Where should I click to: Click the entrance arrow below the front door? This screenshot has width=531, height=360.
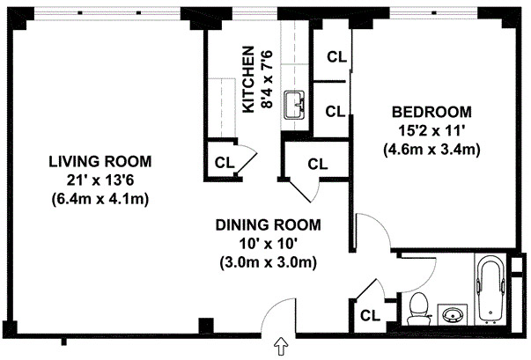pyautogui.click(x=281, y=346)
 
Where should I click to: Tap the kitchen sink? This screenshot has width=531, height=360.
pyautogui.click(x=294, y=105)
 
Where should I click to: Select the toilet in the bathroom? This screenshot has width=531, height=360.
pyautogui.click(x=419, y=309)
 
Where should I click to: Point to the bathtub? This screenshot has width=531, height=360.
pyautogui.click(x=490, y=290)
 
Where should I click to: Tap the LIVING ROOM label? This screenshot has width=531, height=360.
pyautogui.click(x=100, y=162)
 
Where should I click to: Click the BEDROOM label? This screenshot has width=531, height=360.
pyautogui.click(x=431, y=112)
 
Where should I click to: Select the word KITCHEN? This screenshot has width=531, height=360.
pyautogui.click(x=248, y=80)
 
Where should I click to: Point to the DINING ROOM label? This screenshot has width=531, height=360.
pyautogui.click(x=269, y=225)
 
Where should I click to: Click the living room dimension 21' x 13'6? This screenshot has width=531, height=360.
pyautogui.click(x=100, y=180)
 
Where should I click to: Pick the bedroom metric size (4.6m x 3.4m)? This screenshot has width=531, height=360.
pyautogui.click(x=431, y=150)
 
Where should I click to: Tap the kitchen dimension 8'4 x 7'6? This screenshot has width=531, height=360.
pyautogui.click(x=267, y=80)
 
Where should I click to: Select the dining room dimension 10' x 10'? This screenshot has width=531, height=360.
pyautogui.click(x=269, y=244)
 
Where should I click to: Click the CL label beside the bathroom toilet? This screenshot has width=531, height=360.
pyautogui.click(x=370, y=316)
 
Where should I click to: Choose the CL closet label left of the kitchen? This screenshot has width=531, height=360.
pyautogui.click(x=225, y=163)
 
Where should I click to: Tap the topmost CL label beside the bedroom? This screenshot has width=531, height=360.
pyautogui.click(x=337, y=57)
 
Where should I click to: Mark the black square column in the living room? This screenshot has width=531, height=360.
pyautogui.click(x=206, y=326)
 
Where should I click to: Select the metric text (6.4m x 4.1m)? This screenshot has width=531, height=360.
pyautogui.click(x=100, y=199)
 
